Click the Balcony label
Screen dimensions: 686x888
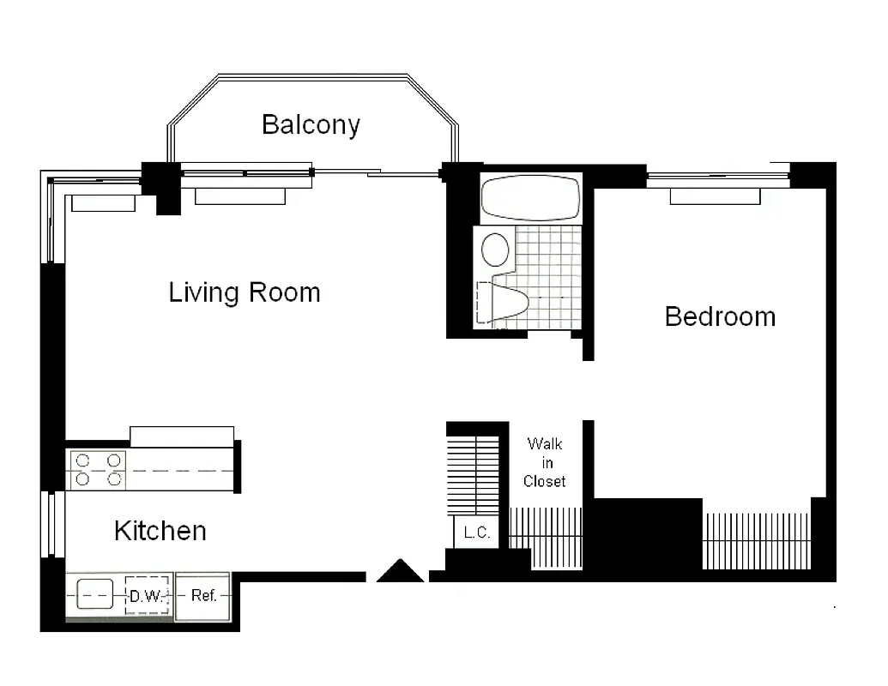point(311,124)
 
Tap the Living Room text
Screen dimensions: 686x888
point(245,292)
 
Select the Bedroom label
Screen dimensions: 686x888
point(720,316)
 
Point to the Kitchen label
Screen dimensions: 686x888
point(160,531)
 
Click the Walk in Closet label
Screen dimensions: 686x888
point(545,463)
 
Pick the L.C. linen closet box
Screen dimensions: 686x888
point(476,533)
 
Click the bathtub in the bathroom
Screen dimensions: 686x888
point(530,198)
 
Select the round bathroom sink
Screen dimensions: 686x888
point(495,250)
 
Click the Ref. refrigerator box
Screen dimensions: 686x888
point(203,596)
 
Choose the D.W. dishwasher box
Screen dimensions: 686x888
point(146,596)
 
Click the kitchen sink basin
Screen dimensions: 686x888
point(94,594)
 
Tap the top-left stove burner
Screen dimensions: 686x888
point(83,460)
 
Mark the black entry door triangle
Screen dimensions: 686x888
point(400,572)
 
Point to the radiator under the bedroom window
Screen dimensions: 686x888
point(715,197)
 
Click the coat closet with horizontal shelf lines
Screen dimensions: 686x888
point(474,474)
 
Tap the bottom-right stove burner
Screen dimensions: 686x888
point(113,479)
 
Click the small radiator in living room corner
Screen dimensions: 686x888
point(103,203)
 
